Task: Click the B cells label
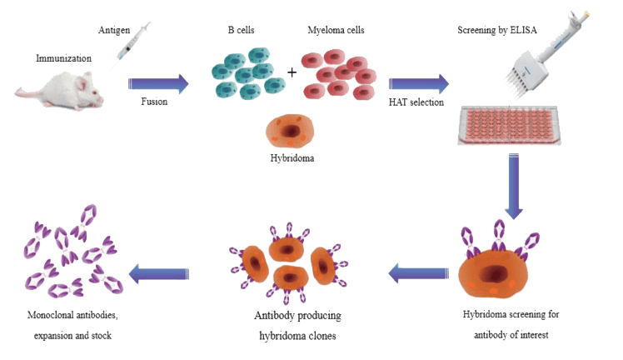click(x=242, y=31)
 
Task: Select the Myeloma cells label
click(x=336, y=31)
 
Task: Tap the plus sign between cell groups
click(x=292, y=72)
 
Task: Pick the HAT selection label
click(x=416, y=102)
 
